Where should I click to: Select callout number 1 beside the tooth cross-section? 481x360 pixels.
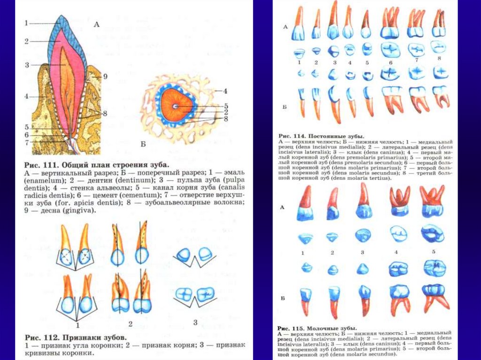[27, 23]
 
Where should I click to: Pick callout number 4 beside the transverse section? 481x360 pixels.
[225, 91]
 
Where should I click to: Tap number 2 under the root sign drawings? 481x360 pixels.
[130, 324]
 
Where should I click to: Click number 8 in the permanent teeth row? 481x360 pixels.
[439, 58]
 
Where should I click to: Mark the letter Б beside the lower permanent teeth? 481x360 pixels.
[285, 107]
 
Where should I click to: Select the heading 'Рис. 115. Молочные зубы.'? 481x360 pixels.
[317, 328]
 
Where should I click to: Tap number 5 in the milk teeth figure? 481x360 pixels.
[434, 252]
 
